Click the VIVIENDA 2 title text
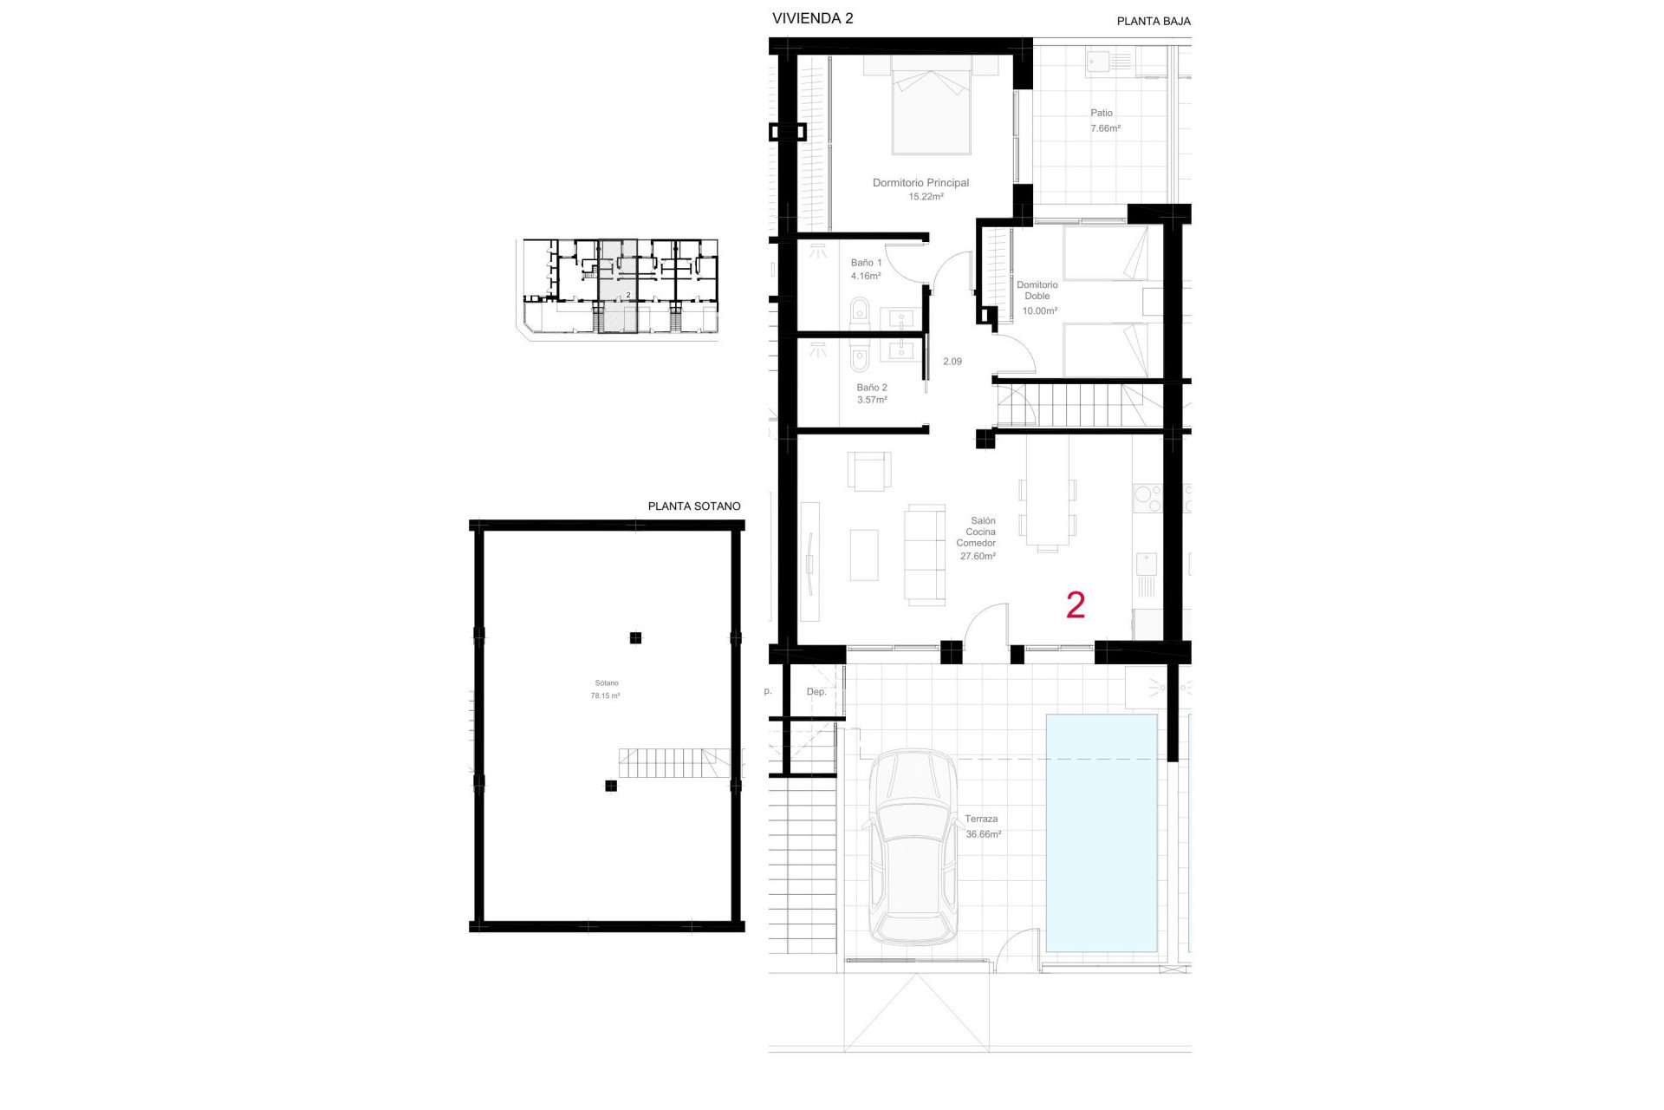click(x=812, y=18)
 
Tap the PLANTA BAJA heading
click(x=1153, y=21)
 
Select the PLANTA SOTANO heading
click(x=694, y=506)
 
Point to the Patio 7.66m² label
click(x=1103, y=121)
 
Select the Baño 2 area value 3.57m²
click(x=872, y=400)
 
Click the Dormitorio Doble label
click(x=1037, y=291)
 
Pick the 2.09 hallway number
click(x=952, y=362)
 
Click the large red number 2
click(x=1076, y=605)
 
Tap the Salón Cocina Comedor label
click(x=977, y=538)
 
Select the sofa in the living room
click(x=925, y=553)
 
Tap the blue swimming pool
click(x=1102, y=832)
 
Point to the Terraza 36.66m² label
click(x=982, y=826)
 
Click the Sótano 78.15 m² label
click(x=606, y=689)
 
